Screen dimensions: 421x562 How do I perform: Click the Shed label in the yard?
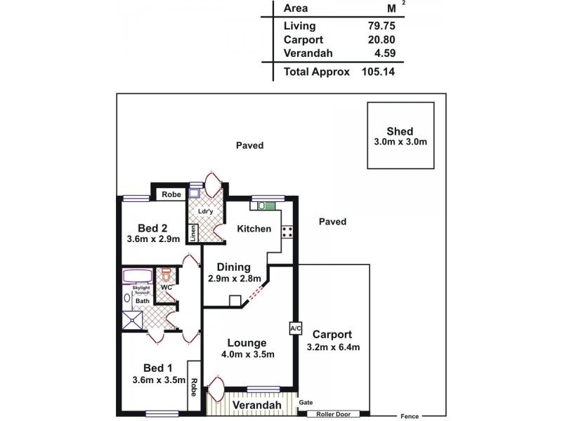click(x=400, y=131)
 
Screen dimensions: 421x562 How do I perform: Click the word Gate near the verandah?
click(x=306, y=403)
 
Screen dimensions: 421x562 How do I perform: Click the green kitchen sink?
click(x=266, y=206)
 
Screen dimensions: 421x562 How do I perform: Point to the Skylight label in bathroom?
click(x=142, y=288)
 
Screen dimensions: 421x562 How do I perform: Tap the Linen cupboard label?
click(x=192, y=233)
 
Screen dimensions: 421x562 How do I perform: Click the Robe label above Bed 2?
click(x=169, y=194)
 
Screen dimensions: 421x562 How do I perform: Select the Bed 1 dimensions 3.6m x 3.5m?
click(x=157, y=381)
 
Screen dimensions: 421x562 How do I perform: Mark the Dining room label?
click(x=234, y=267)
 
